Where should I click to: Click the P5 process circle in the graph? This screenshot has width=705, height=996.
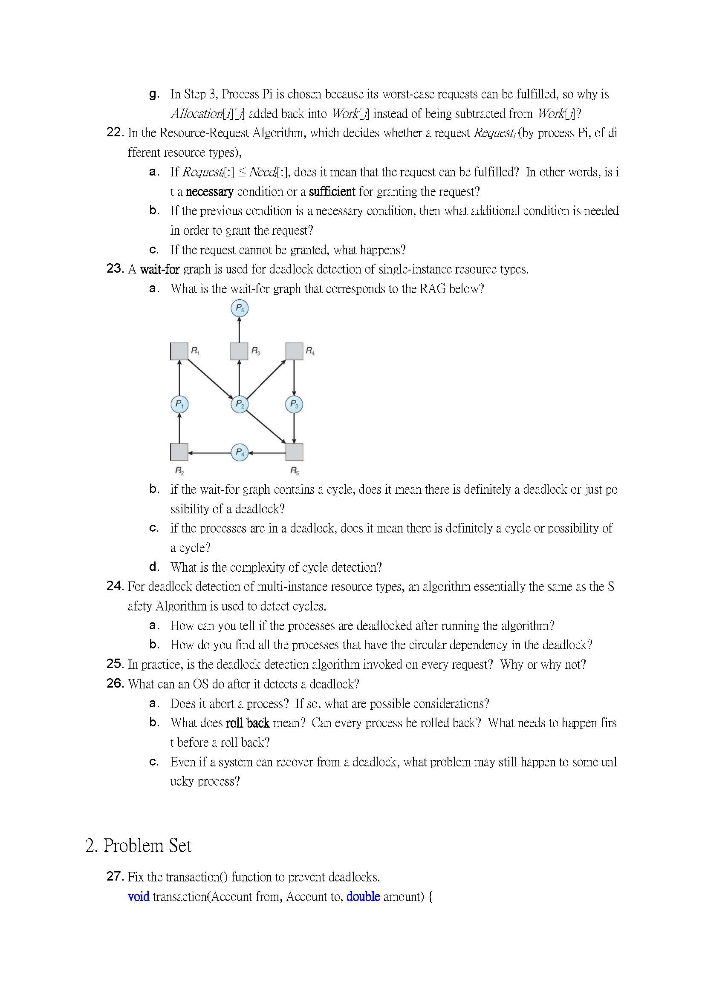(239, 308)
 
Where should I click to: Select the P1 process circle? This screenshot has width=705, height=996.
(179, 404)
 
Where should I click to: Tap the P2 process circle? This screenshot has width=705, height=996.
(239, 404)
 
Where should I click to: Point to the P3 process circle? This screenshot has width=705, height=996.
(294, 404)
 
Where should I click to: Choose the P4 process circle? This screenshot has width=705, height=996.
(240, 452)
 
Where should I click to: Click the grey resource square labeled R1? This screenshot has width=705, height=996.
(179, 351)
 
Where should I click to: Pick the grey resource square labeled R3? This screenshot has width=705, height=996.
(239, 351)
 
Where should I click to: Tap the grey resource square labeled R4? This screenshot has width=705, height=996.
(294, 351)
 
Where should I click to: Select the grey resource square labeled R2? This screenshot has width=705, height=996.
(179, 452)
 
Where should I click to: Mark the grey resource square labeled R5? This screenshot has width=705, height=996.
(294, 452)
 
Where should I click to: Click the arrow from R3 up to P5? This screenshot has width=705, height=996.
(239, 330)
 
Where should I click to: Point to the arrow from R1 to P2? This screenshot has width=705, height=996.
(210, 378)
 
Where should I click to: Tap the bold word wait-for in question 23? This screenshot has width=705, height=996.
(159, 269)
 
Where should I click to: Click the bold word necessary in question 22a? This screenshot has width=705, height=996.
(209, 192)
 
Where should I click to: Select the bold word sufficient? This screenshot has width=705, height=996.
(332, 192)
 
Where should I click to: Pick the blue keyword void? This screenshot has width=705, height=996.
(139, 897)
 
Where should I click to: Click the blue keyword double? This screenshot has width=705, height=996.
(363, 897)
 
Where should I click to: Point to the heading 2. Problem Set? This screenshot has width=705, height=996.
(138, 846)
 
